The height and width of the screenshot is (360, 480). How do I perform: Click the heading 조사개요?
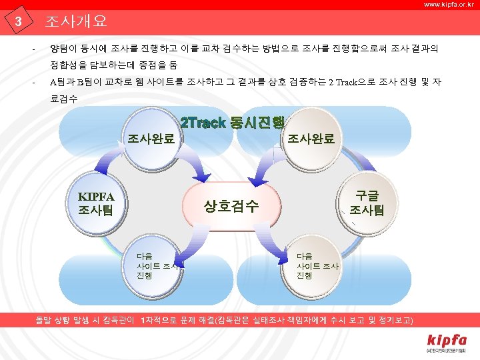tap(76, 21)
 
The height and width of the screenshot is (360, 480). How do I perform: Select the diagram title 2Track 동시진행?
tap(233, 123)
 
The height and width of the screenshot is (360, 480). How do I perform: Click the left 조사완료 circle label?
tap(152, 139)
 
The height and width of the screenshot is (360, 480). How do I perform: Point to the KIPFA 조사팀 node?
tap(97, 203)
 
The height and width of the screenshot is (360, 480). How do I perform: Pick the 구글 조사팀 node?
tap(367, 203)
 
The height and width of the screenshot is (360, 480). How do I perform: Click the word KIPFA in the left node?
tap(97, 197)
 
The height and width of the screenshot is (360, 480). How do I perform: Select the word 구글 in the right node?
tap(367, 196)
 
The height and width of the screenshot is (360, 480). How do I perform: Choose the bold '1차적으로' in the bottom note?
tap(160, 321)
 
